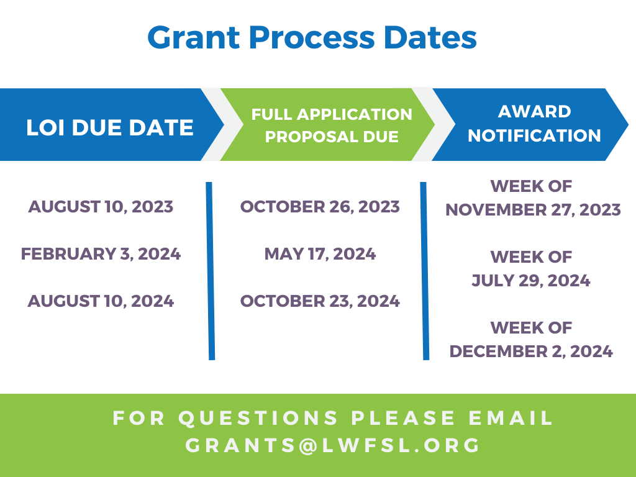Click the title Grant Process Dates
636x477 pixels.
point(312,38)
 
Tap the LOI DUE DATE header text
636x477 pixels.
point(110,127)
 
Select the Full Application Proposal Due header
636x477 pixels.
point(332,125)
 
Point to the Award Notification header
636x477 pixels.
point(534,124)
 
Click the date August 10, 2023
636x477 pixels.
point(101,207)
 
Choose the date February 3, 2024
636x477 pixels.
point(101,254)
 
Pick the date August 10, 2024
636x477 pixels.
point(101,301)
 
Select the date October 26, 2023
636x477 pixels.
point(320,207)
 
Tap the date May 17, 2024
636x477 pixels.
point(320,254)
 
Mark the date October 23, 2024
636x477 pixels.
point(320,301)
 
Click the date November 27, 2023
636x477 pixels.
point(533,210)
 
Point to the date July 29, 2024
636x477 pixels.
point(531,281)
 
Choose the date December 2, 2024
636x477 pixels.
point(531,352)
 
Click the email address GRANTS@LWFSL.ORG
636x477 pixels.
point(333,445)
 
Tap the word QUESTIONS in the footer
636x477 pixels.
point(258,418)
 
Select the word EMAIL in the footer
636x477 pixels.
point(511,418)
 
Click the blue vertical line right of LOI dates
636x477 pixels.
point(210,271)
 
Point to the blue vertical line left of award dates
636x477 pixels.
point(425,271)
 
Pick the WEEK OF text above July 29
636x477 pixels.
point(531,257)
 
